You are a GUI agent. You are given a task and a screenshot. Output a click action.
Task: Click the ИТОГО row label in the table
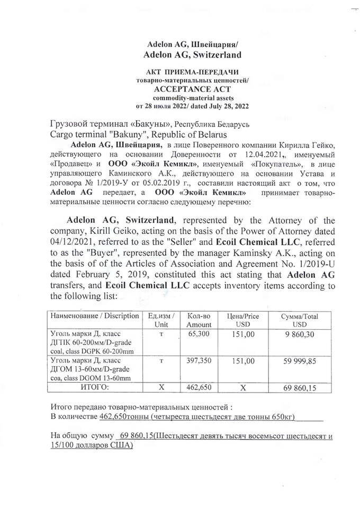point(94,387)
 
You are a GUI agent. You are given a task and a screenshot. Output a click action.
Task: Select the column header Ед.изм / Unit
point(160,320)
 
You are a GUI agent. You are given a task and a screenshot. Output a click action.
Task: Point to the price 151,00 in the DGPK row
point(244,334)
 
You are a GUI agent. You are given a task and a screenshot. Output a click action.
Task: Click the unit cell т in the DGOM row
point(160,360)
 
